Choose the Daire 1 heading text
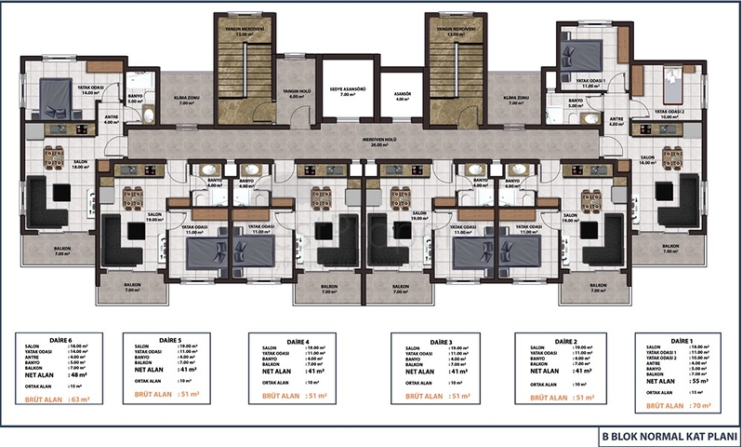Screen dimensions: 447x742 [x=682, y=340]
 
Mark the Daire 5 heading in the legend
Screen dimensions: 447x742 [x=172, y=340]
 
